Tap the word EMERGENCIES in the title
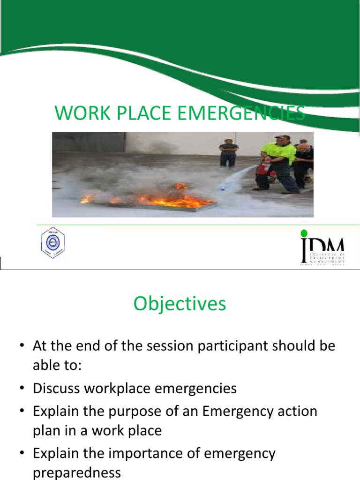[x=242, y=114]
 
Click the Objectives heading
[x=180, y=304]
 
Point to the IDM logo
[x=322, y=247]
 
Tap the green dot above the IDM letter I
[x=304, y=233]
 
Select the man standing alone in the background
[x=228, y=152]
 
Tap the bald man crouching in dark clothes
[x=304, y=164]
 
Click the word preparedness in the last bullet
[x=76, y=472]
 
